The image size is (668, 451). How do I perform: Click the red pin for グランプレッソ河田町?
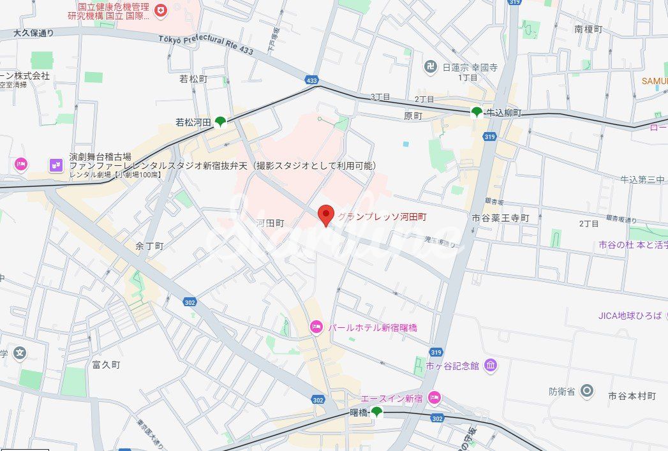click(326, 215)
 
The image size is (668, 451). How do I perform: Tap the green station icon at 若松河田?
click(220, 121)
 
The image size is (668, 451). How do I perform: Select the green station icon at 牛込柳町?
click(476, 112)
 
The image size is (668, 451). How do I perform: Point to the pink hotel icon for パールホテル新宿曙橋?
click(316, 327)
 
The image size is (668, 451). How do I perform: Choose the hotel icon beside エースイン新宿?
click(434, 398)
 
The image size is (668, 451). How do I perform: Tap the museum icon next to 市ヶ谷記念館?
click(491, 366)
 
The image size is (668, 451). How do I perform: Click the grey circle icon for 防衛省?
click(587, 390)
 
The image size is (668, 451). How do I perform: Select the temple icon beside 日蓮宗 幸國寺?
click(431, 66)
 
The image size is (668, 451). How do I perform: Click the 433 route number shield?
click(311, 80)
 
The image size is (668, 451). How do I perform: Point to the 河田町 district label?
click(270, 223)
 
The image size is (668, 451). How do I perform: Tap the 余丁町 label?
click(150, 246)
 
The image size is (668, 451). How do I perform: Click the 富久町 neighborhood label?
click(106, 365)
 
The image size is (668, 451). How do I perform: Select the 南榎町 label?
click(588, 29)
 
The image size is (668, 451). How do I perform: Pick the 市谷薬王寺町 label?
click(501, 218)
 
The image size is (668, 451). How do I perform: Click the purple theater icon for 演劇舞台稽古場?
click(56, 165)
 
